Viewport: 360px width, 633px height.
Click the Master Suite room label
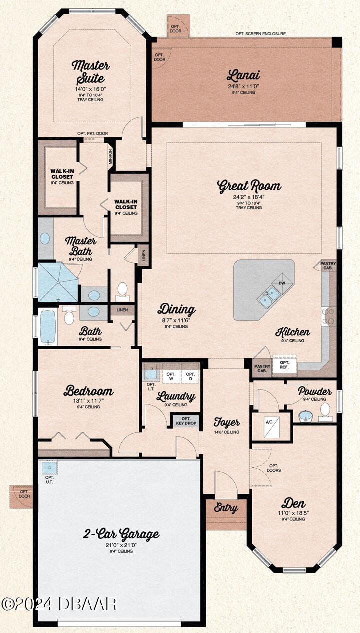(x=90, y=71)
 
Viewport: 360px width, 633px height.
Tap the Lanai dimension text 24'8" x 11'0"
(x=243, y=86)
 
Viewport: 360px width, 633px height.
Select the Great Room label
(x=249, y=186)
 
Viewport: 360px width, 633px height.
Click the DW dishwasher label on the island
(x=281, y=283)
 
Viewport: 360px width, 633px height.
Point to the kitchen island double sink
(x=269, y=297)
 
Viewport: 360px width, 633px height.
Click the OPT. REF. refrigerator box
(x=284, y=365)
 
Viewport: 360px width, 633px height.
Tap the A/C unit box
(x=269, y=426)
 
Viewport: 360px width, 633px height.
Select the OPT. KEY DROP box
(x=186, y=421)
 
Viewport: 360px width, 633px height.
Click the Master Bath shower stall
(x=58, y=282)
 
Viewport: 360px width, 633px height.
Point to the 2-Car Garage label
(x=121, y=534)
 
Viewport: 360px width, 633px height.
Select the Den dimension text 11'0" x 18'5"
(x=293, y=513)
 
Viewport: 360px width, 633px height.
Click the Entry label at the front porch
(x=226, y=508)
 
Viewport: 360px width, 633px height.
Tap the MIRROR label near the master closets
(x=111, y=156)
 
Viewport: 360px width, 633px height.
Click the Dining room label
(x=176, y=310)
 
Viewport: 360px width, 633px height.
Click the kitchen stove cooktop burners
(x=328, y=316)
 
